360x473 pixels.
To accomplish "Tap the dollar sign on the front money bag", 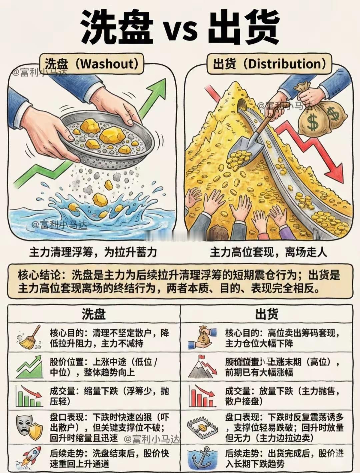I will click(313, 122).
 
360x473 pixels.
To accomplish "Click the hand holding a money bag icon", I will click(202, 338).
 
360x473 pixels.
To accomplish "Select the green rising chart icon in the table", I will click(29, 367).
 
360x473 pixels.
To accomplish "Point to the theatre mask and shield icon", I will click(29, 427).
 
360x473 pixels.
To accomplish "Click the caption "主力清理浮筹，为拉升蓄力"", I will click(93, 252).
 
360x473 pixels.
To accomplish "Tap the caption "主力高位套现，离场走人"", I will click(269, 252).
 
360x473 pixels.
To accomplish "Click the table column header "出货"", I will click(267, 314).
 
